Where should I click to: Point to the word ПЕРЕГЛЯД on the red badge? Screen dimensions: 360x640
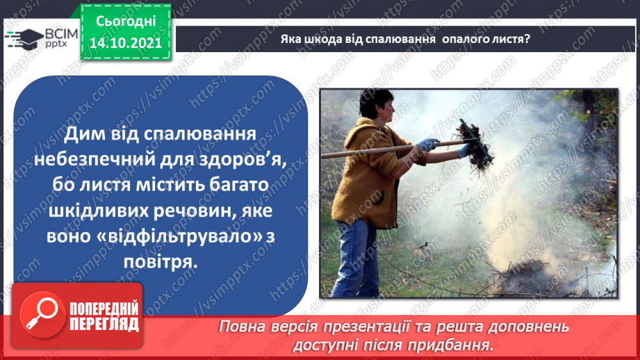pos(104,324)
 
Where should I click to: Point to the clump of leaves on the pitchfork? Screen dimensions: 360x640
pos(474,147)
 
